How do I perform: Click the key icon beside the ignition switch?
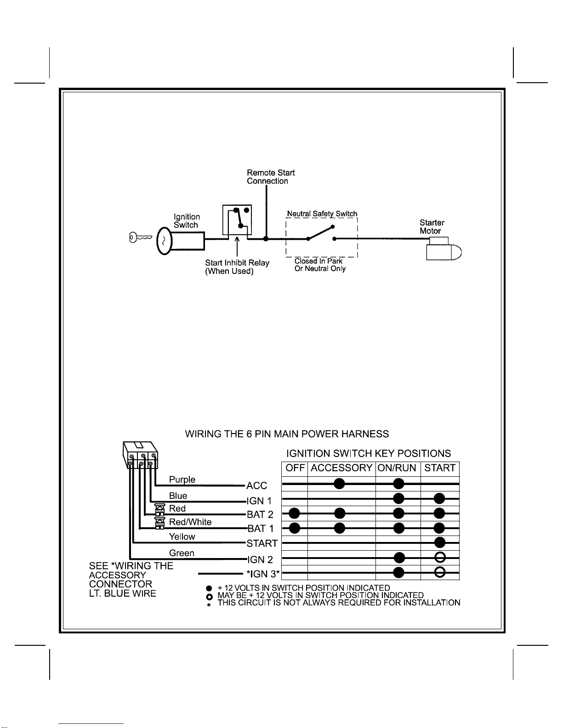point(140,237)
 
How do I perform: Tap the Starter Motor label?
point(432,227)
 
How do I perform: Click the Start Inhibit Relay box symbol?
point(237,220)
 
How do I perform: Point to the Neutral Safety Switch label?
point(322,214)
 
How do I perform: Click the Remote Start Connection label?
point(271,177)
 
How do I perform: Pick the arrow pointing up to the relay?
point(237,247)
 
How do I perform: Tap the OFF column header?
point(295,468)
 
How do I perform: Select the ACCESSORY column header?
point(341,468)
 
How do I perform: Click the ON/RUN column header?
point(397,468)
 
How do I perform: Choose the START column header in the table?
point(440,468)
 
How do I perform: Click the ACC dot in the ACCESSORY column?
point(340,484)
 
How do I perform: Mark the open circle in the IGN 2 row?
point(440,558)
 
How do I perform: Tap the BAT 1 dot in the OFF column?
point(295,528)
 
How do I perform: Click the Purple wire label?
point(182,480)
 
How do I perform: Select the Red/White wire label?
point(190,522)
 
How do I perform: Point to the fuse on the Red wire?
point(159,509)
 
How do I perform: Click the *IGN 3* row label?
point(263,574)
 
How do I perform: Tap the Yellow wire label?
point(182,537)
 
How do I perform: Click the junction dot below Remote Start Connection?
point(266,239)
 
